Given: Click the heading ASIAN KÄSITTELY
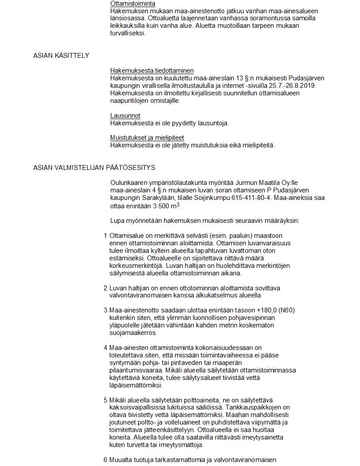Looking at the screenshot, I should coord(61,56).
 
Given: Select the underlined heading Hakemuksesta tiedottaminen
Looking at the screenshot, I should coord(152,71).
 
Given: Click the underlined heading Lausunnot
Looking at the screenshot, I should coord(125,116).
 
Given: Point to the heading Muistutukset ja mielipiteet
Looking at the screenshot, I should coord(147,138).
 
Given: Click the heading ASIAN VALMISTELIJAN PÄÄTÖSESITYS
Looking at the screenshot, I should coord(94,168).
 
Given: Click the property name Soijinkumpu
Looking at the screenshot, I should coord(250,198).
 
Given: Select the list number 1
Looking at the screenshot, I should coord(105,236).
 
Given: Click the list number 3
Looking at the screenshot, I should coord(105,310).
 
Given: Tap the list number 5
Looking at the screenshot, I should coord(105,400).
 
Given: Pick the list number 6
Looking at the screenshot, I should coord(105,460).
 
